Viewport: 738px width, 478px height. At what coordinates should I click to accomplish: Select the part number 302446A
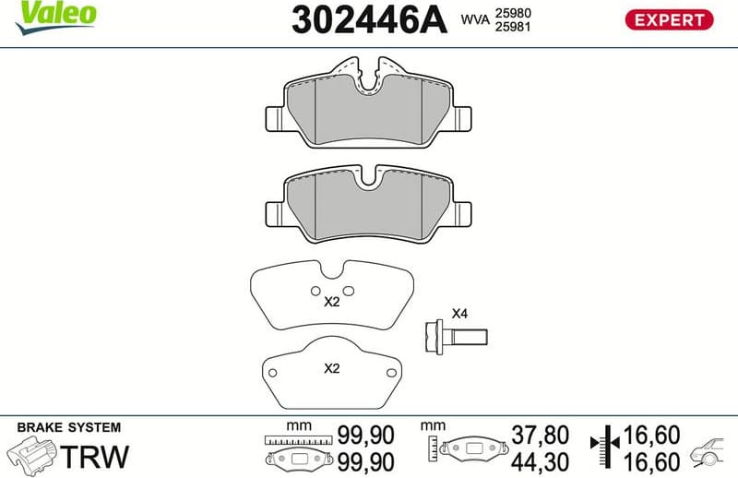[x=368, y=19]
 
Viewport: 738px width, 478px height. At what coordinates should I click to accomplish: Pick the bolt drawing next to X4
[x=455, y=334]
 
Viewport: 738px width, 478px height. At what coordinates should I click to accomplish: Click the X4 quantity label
[x=458, y=314]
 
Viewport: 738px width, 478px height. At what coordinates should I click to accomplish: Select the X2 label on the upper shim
[x=332, y=301]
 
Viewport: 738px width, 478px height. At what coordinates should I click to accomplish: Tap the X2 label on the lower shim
[x=332, y=368]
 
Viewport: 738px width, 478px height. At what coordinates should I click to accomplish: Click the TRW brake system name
[x=94, y=455]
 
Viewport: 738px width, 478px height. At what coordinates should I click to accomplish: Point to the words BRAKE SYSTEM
[x=69, y=427]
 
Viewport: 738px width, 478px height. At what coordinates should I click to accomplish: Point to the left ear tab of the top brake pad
[x=274, y=118]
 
